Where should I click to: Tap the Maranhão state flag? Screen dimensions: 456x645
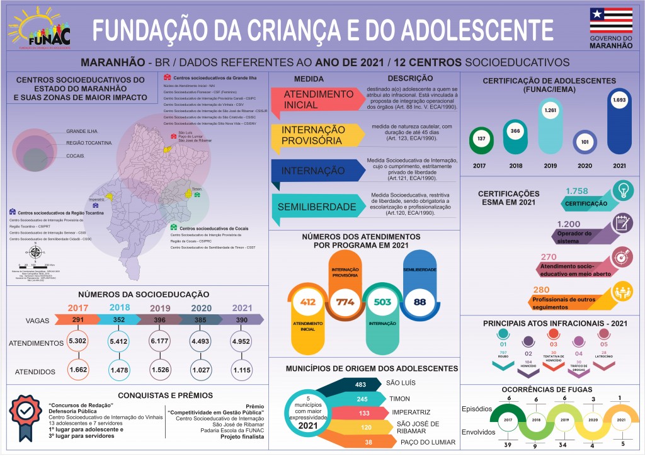pos(611,20)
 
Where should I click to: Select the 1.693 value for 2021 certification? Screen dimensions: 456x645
pos(619,100)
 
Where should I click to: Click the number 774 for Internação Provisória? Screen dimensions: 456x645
pos(345,302)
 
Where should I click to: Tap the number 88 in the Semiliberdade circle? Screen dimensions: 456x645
pos(420,302)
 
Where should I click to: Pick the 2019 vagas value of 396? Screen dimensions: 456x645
pos(161,320)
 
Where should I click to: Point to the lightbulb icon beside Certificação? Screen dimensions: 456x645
pos(624,190)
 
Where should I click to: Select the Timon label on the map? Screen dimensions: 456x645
pos(196,188)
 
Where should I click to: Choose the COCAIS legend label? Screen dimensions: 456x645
pos(75,155)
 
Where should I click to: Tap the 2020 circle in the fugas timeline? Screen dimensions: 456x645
pos(592,419)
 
